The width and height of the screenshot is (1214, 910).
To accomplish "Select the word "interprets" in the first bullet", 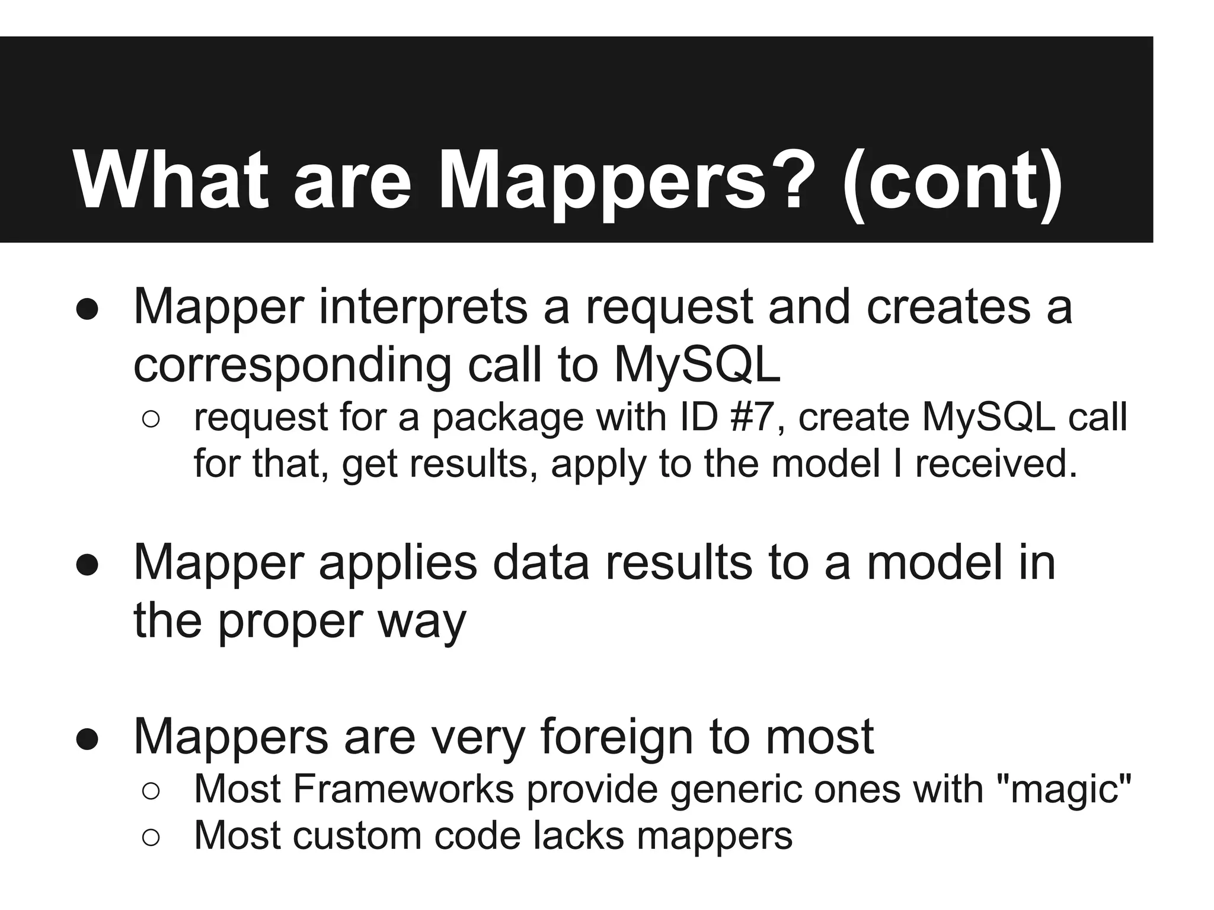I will tap(423, 307).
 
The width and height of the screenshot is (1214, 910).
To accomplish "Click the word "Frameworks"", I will tap(402, 789).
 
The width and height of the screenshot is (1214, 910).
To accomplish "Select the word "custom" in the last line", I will tap(356, 836).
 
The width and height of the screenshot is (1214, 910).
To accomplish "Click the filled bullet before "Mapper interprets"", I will tap(87, 310).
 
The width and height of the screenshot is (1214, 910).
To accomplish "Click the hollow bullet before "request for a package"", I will tap(151, 419).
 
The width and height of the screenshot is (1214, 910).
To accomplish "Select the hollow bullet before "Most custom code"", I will tap(151, 837).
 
